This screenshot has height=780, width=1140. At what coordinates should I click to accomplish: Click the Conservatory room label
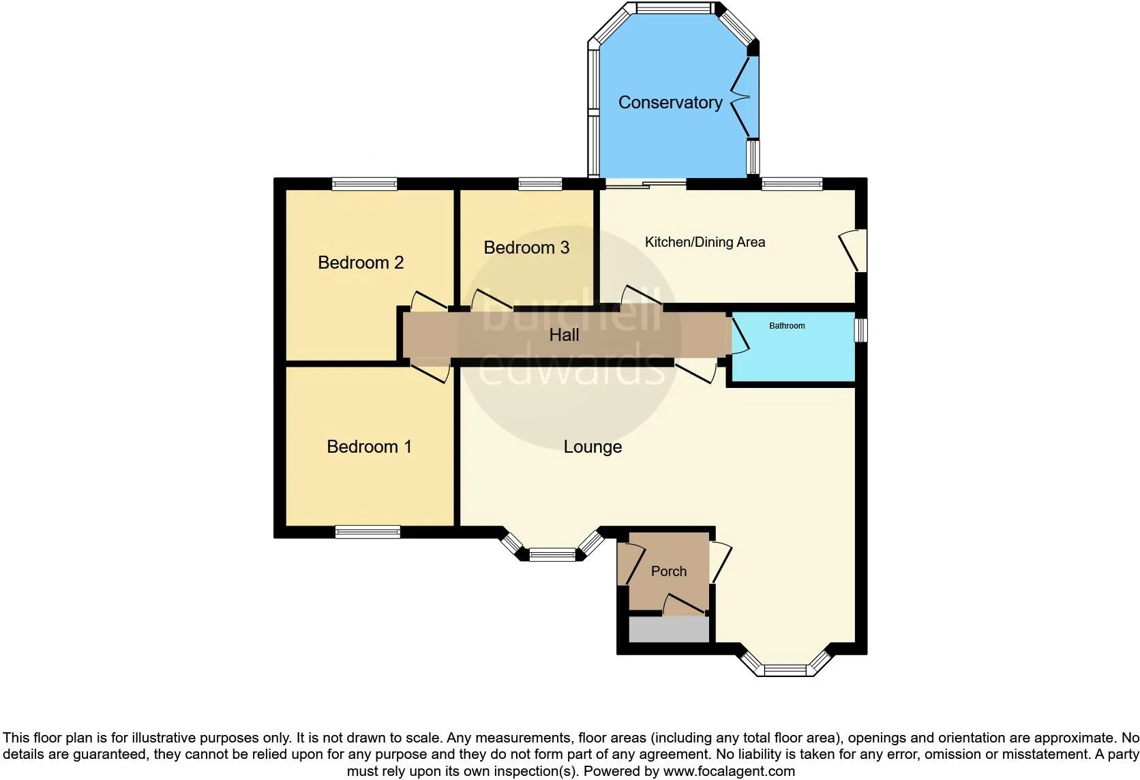tap(670, 103)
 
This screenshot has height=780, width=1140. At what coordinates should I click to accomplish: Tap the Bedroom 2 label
tap(361, 262)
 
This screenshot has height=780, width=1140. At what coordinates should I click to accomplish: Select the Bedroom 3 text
tap(526, 247)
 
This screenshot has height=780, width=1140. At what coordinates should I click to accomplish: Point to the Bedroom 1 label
tap(369, 447)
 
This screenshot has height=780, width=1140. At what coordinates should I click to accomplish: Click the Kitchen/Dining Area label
tap(705, 242)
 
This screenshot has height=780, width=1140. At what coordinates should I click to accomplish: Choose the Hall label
tap(564, 335)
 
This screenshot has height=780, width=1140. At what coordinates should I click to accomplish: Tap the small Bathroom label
tap(787, 326)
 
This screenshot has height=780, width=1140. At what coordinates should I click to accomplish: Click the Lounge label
tap(592, 447)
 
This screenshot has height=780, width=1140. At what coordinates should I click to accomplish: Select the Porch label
tap(669, 571)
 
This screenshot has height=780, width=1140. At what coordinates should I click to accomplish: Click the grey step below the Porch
tap(669, 629)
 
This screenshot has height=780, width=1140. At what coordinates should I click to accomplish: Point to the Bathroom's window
tap(860, 330)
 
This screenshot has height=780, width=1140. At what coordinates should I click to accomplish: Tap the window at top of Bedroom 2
tap(364, 183)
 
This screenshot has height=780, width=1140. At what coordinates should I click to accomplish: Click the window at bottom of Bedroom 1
tap(367, 532)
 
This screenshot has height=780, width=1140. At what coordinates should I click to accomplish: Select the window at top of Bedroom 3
tap(540, 183)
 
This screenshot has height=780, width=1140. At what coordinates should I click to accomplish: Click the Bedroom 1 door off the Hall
tap(430, 372)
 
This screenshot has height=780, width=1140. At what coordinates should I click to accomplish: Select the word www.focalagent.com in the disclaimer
tap(729, 771)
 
